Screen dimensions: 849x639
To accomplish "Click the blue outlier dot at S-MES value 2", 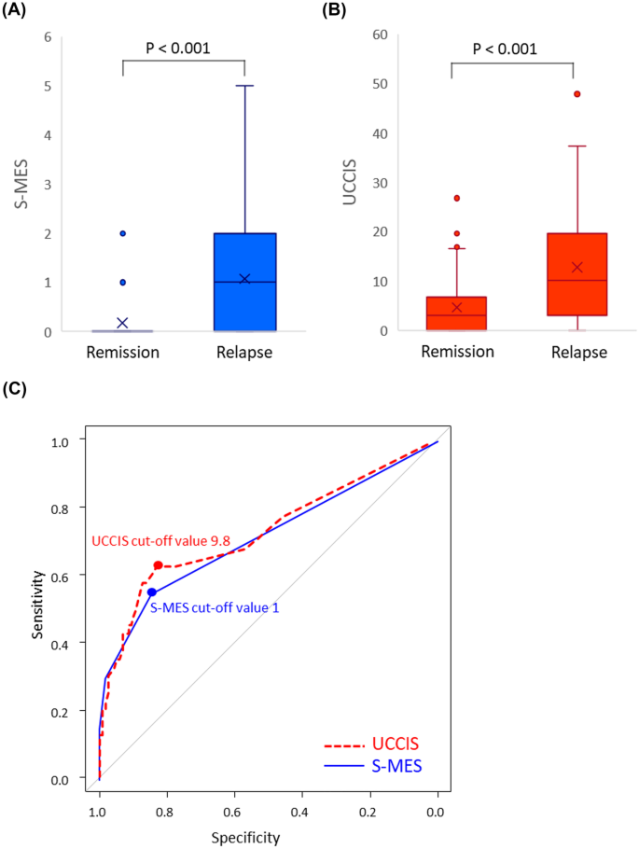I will (122, 233).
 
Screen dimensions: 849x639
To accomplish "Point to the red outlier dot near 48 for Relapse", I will (576, 94).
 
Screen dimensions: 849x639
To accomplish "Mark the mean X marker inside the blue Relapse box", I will (244, 279).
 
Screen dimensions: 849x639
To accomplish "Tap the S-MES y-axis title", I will (17, 184).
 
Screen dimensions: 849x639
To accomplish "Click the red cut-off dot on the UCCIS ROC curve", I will (159, 565).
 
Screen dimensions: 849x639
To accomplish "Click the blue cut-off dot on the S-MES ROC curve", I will (151, 592).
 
